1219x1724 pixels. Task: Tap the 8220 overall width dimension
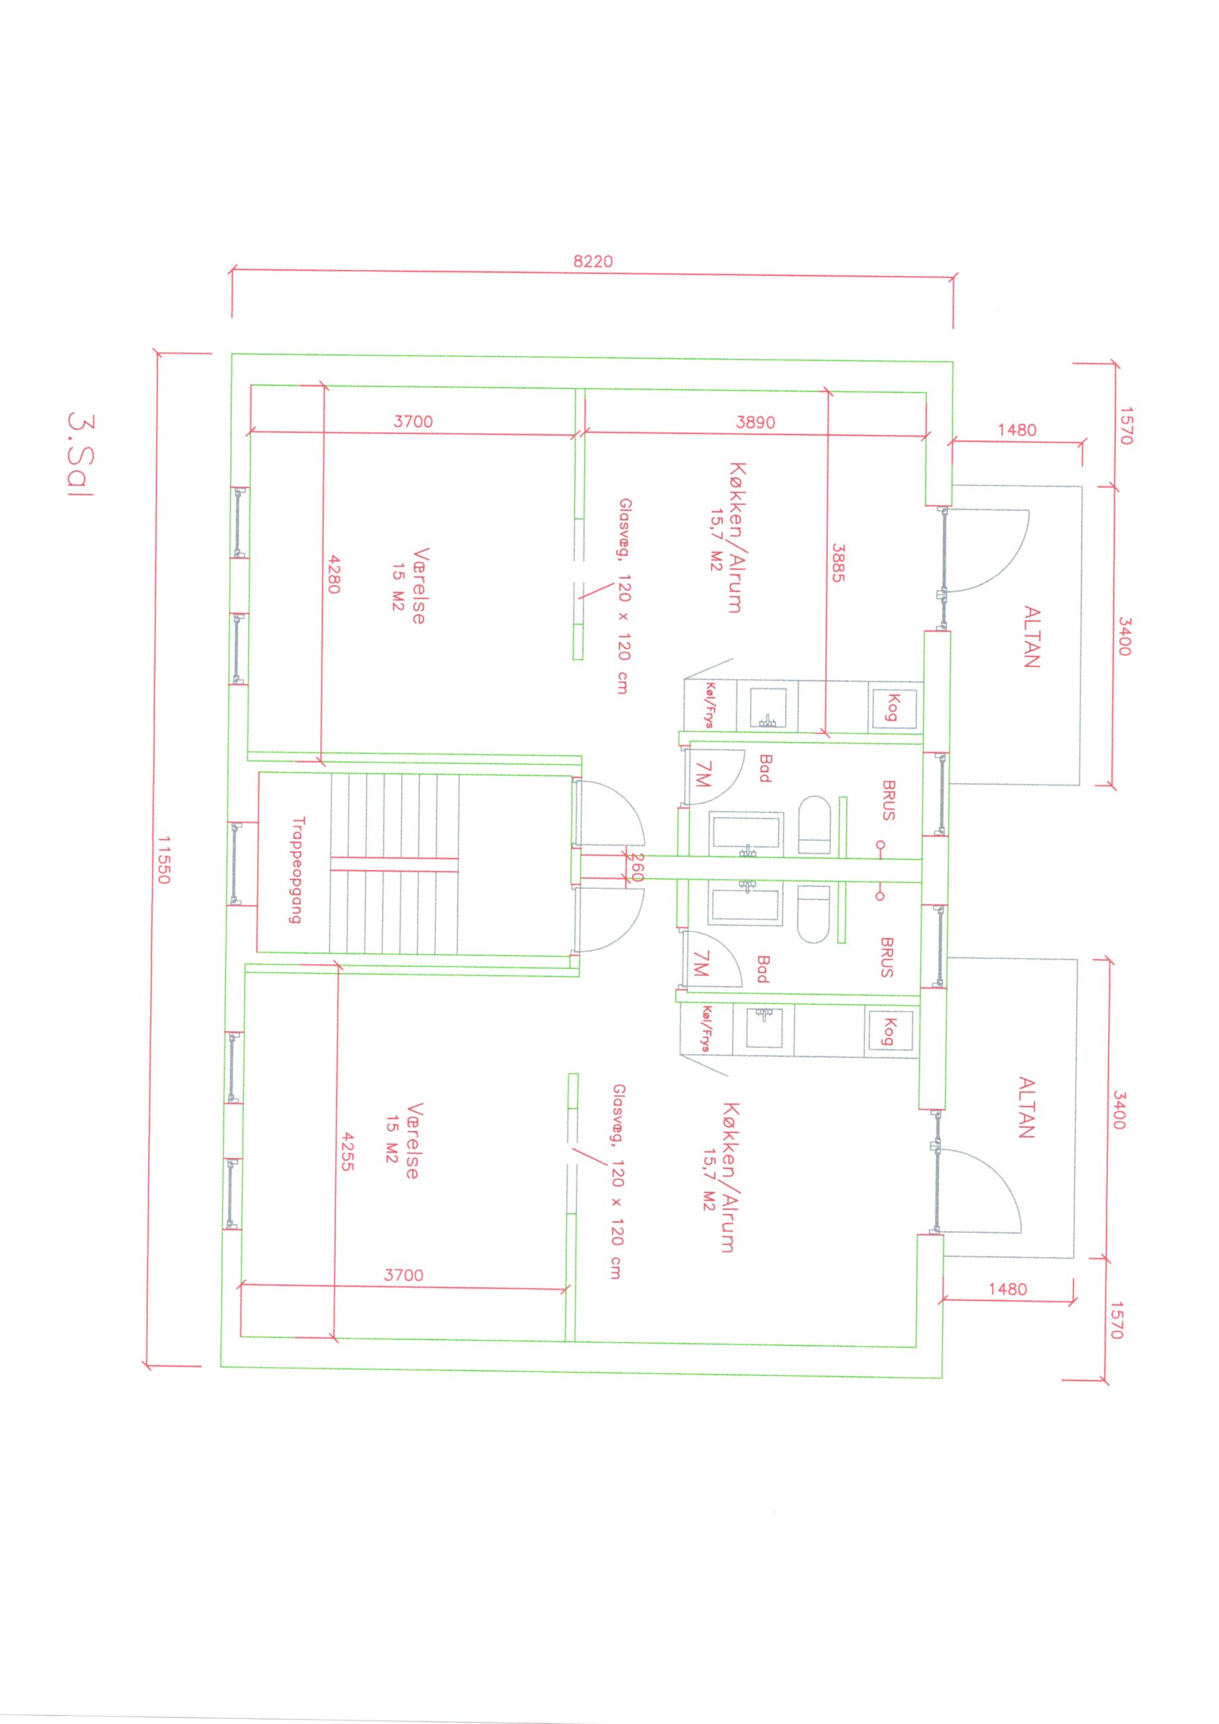[593, 261]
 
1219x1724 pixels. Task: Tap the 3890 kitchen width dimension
[755, 422]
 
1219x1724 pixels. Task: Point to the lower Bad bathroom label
[763, 968]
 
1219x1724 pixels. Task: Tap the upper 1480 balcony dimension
[1017, 430]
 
